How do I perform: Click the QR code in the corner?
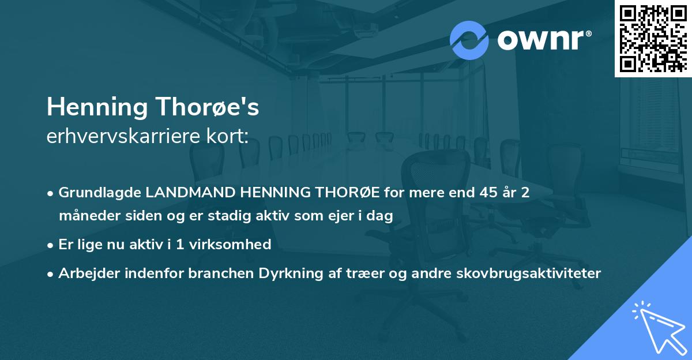[x=653, y=38]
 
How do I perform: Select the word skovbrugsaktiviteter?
[x=537, y=273]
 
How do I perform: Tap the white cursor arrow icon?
[x=658, y=327]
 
